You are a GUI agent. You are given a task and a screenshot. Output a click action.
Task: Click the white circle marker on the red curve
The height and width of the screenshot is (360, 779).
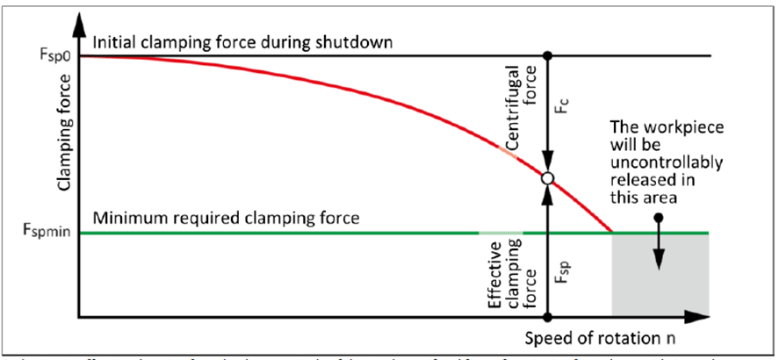tap(547, 178)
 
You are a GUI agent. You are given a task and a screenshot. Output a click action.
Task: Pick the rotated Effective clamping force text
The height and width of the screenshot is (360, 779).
tap(509, 272)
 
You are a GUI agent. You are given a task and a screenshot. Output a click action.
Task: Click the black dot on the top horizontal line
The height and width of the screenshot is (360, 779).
tap(547, 55)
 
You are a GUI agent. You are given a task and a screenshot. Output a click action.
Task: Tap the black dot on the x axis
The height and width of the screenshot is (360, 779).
tap(547, 316)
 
